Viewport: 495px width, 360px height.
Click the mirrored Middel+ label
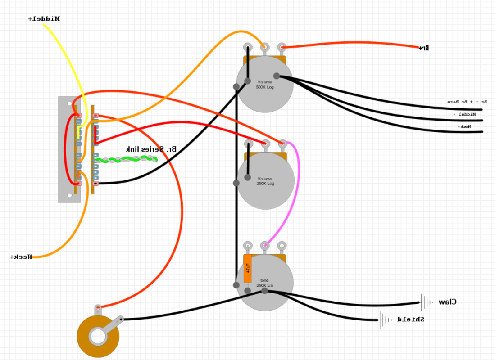[44, 19]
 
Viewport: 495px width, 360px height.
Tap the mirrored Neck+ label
[21, 257]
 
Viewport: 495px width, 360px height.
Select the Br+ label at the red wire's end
[423, 48]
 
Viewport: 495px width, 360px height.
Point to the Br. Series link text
[150, 149]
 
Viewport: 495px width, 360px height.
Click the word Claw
[447, 302]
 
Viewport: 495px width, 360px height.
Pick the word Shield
[410, 319]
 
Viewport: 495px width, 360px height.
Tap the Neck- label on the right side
[465, 127]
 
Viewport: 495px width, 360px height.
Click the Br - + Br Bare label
[467, 102]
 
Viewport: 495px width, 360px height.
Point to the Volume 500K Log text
[265, 84]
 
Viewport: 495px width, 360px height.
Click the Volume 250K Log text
[265, 181]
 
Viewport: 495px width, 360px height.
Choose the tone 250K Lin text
[264, 283]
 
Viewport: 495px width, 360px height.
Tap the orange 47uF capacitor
[248, 269]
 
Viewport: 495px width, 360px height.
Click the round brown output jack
[98, 336]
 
